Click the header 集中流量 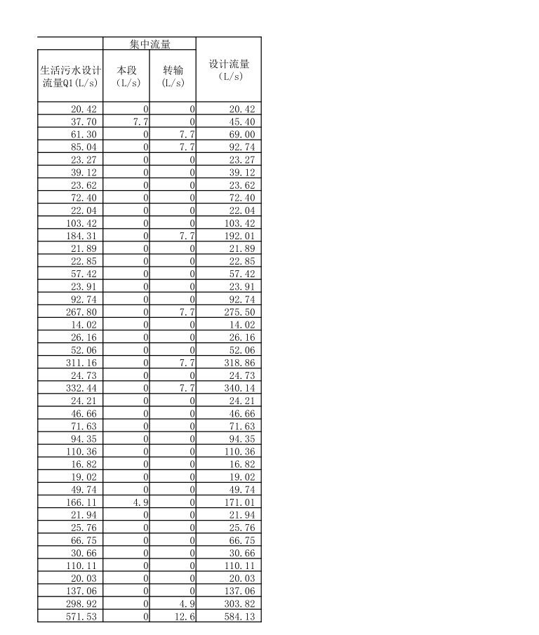[x=149, y=44]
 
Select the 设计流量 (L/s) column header [x=229, y=69]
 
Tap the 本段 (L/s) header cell [x=126, y=76]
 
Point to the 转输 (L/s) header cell [x=173, y=76]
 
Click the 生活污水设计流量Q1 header [x=70, y=76]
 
